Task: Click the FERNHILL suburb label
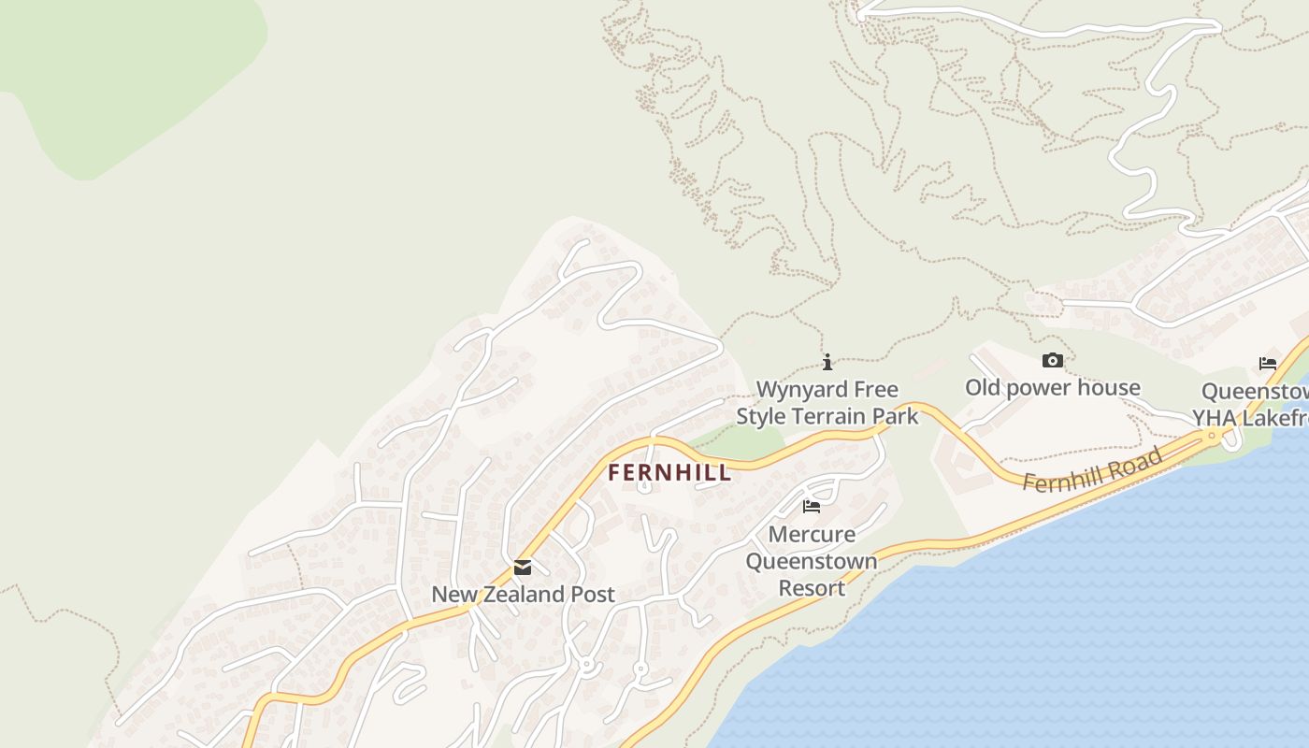click(x=669, y=473)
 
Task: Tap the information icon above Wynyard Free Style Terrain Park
click(x=827, y=362)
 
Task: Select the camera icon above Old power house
click(x=1052, y=361)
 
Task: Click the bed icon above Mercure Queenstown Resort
click(x=812, y=507)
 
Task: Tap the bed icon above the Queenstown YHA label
click(x=1268, y=364)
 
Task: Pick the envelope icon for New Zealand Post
click(x=523, y=568)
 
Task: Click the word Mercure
click(x=812, y=535)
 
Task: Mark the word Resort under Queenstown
click(x=812, y=588)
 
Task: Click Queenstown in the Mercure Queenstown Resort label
click(x=812, y=562)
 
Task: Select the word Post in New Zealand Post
click(x=593, y=595)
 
